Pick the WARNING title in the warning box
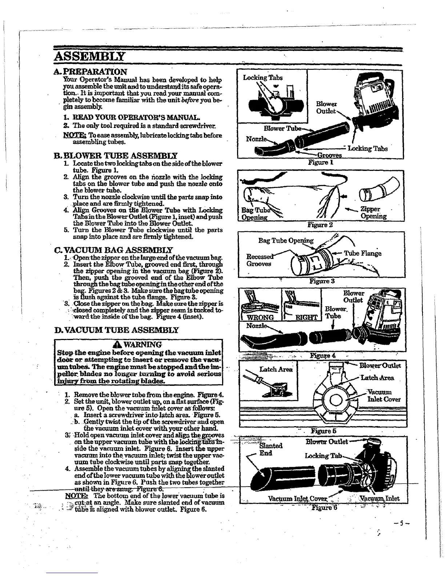click(x=140, y=344)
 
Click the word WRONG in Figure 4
click(x=261, y=317)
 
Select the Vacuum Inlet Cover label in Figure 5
click(x=384, y=396)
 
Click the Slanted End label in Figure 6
click(x=270, y=449)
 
